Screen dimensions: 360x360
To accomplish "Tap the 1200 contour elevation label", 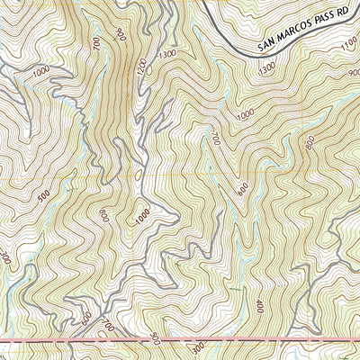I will [139, 67].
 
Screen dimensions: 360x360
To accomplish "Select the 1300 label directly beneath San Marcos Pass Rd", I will [266, 68].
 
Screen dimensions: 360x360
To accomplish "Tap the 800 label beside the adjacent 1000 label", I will [103, 215].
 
